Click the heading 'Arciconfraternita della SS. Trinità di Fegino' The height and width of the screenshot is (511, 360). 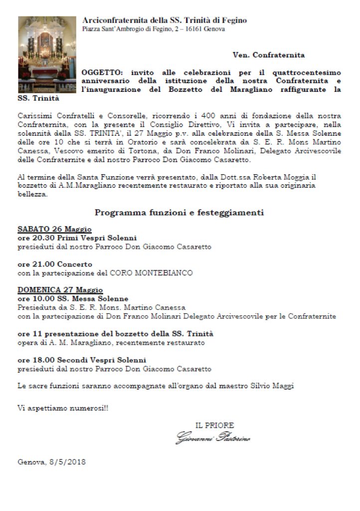(x=164, y=20)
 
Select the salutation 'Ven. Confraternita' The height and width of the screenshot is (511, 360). (x=268, y=55)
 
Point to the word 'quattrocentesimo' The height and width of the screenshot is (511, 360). (x=312, y=72)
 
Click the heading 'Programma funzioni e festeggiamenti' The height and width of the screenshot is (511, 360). (x=179, y=213)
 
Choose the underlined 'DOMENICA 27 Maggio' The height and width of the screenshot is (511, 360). (x=60, y=290)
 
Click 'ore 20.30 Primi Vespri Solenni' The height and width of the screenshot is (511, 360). (x=77, y=238)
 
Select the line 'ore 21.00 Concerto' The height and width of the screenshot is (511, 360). (x=55, y=264)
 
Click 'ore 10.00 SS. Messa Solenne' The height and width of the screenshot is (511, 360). (x=73, y=299)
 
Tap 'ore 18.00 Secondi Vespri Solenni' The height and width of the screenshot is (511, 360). (x=82, y=360)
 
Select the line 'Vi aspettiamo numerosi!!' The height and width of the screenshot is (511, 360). (x=63, y=408)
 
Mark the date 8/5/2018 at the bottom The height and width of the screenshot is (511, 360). (x=67, y=462)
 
